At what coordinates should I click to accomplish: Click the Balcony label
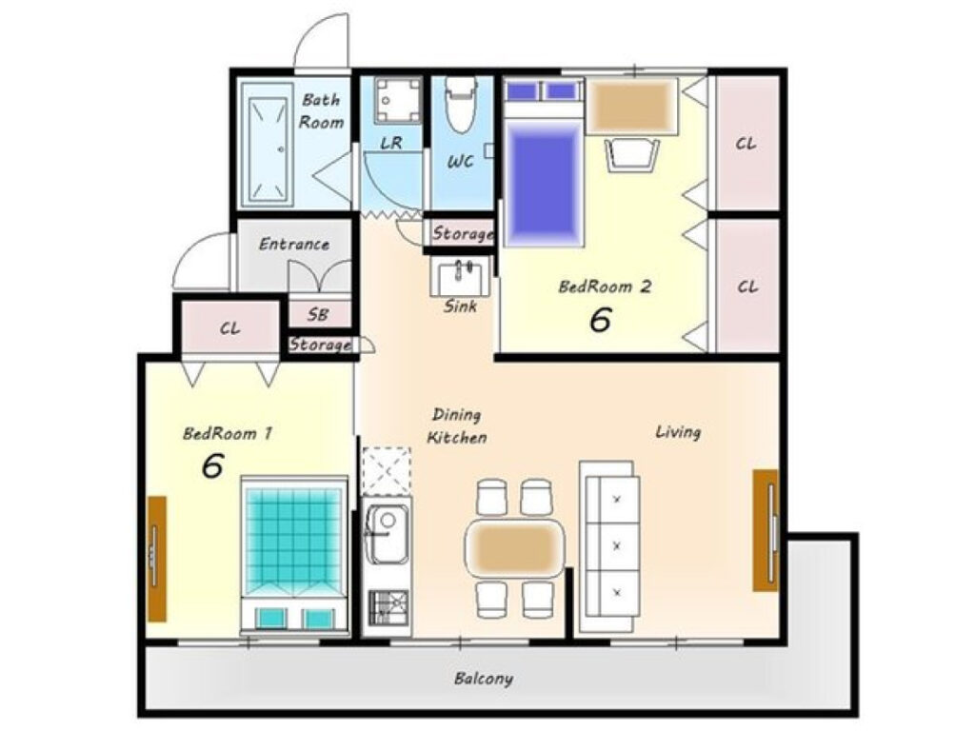[484, 678]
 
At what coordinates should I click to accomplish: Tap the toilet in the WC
[461, 104]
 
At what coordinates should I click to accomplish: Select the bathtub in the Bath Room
[267, 145]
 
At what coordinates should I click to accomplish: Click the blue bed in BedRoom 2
[543, 163]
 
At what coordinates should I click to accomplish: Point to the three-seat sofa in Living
[609, 539]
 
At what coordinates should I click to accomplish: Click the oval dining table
[515, 547]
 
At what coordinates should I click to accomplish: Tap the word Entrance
[293, 244]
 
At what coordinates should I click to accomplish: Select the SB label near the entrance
[318, 314]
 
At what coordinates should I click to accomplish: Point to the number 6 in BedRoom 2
[600, 320]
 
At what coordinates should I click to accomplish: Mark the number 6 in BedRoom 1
[212, 465]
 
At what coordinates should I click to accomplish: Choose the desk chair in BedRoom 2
[632, 155]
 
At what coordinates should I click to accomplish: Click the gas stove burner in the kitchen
[388, 607]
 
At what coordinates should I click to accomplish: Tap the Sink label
[461, 306]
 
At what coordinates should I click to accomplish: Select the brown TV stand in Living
[766, 530]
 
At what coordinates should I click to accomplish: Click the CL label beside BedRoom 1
[230, 328]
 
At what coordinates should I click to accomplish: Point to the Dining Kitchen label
[457, 425]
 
